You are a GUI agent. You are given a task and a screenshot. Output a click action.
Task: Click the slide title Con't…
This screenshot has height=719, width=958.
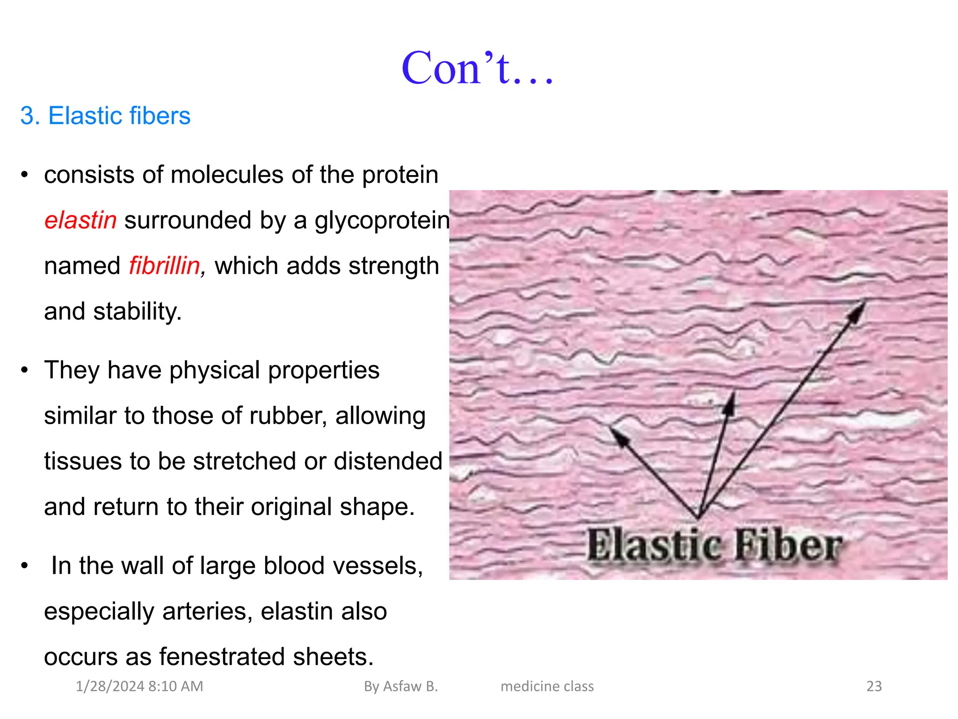pos(478,68)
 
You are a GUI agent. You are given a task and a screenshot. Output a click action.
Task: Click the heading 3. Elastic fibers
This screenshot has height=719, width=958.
pos(105,116)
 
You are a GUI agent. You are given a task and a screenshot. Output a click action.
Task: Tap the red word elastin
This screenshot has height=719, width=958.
pos(80,220)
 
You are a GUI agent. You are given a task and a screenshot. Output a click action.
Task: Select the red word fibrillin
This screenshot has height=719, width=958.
pos(165,265)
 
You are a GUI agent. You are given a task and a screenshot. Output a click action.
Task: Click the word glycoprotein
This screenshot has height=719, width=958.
pos(382,220)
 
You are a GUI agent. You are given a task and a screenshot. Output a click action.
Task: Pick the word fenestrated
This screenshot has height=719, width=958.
pos(222,656)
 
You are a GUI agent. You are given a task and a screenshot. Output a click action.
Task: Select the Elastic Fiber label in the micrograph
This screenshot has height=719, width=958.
pos(715,545)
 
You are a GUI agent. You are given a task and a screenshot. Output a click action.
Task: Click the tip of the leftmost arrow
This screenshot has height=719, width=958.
pos(612,428)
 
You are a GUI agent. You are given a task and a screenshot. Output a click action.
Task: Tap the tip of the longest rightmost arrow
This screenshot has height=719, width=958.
pos(864,302)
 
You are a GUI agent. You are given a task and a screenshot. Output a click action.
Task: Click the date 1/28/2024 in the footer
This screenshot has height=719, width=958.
pos(110,686)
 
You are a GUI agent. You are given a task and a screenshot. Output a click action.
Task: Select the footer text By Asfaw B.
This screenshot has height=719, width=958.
pos(401,686)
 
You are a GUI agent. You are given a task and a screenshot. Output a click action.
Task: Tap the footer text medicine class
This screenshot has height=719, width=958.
pos(547,686)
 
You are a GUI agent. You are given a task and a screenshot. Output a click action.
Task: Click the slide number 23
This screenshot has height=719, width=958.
pos(874,686)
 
